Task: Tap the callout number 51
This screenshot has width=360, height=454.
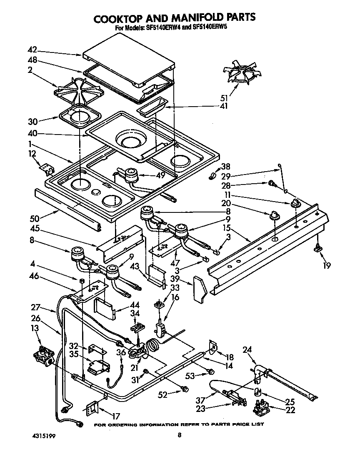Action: click(x=224, y=98)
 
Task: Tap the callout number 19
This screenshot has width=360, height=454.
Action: click(x=327, y=265)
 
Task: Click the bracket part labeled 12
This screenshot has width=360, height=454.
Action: click(x=47, y=168)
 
